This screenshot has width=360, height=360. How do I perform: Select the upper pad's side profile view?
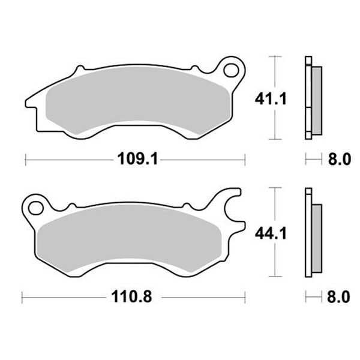point(311,98)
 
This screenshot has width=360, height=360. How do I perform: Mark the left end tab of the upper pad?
point(31,102)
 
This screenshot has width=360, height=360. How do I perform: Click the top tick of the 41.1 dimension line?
point(275,56)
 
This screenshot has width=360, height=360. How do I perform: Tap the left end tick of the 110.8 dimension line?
point(22,296)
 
